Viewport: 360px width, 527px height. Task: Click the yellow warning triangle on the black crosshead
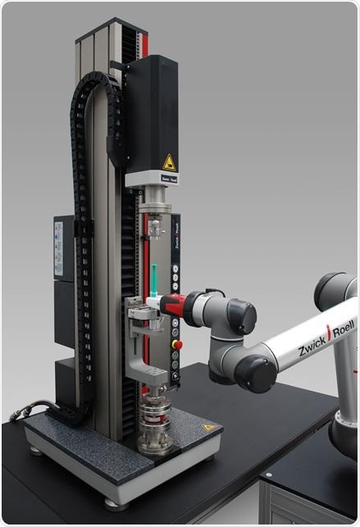[x=168, y=162]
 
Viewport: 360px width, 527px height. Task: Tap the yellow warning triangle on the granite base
[x=209, y=427]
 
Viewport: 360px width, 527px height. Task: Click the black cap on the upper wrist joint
[x=241, y=316]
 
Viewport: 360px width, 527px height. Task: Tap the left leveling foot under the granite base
[x=35, y=448]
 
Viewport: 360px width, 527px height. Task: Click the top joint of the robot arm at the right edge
[x=339, y=289]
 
